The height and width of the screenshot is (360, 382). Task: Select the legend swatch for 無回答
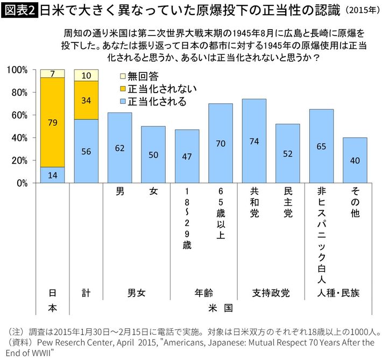click(122, 77)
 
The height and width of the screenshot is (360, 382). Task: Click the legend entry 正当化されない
click(155, 89)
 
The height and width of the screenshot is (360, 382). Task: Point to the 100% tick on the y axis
click(20, 70)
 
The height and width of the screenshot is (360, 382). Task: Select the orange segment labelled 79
click(53, 122)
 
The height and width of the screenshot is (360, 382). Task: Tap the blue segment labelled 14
click(53, 175)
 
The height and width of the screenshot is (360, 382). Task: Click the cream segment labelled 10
click(86, 75)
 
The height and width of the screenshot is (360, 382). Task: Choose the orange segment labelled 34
click(86, 100)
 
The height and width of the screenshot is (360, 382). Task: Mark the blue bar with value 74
click(254, 141)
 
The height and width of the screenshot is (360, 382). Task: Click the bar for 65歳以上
click(221, 143)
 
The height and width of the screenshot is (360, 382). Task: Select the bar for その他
click(355, 160)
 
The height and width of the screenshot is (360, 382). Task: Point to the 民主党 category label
click(288, 202)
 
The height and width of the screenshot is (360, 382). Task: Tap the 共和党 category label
click(254, 202)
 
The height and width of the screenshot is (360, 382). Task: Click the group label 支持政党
click(271, 293)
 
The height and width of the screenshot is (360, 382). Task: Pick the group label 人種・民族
click(338, 293)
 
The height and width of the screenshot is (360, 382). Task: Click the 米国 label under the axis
click(221, 309)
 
